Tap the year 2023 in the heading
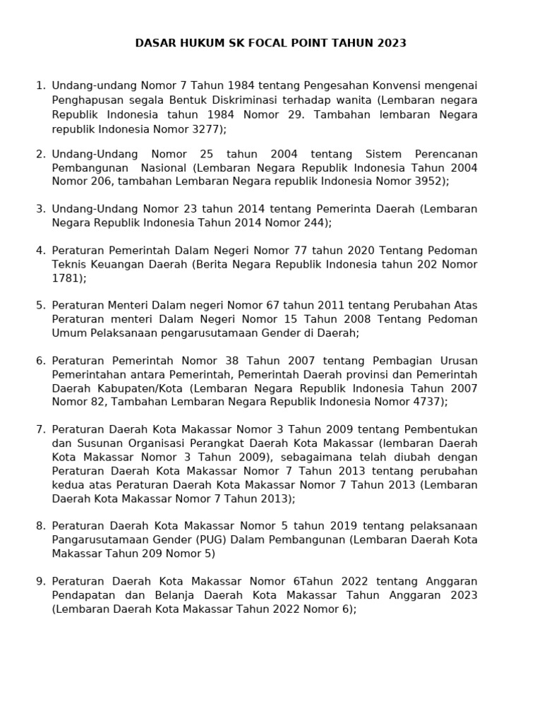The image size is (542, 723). [x=391, y=43]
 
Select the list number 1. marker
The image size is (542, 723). [x=40, y=85]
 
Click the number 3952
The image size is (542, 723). [x=430, y=181]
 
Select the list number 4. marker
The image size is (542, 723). [x=40, y=251]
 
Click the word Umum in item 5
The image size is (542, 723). [x=67, y=333]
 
